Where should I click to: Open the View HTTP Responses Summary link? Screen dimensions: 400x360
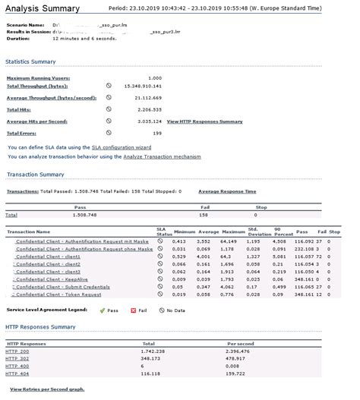point(204,121)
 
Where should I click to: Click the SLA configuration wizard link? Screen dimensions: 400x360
point(149,146)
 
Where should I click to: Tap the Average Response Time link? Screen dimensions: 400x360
point(227,191)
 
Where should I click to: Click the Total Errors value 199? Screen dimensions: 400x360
point(157,132)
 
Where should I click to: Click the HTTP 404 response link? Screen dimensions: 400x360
point(17,374)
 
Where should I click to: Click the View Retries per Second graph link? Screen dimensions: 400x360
point(47,389)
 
